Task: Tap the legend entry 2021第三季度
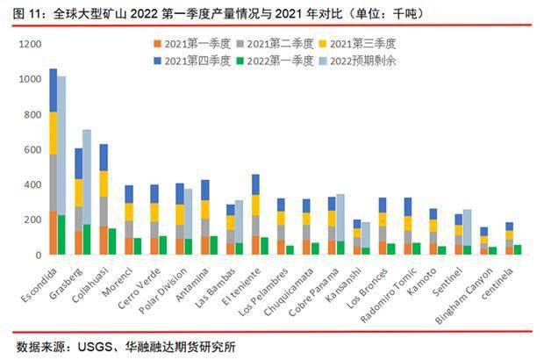tap(360, 43)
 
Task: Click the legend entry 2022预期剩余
tap(360, 61)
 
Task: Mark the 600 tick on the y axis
tap(32, 149)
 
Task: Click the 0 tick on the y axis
tap(39, 256)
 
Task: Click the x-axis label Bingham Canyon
tap(465, 290)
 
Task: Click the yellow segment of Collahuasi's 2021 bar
tap(104, 184)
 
